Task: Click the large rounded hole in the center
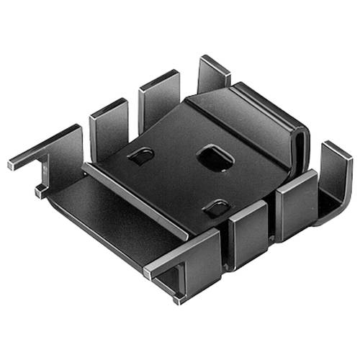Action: coord(214,157)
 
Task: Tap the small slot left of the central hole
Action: coord(141,156)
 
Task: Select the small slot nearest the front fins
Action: coord(217,209)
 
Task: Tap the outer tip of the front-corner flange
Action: coord(148,273)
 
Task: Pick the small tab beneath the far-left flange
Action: coord(39,192)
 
